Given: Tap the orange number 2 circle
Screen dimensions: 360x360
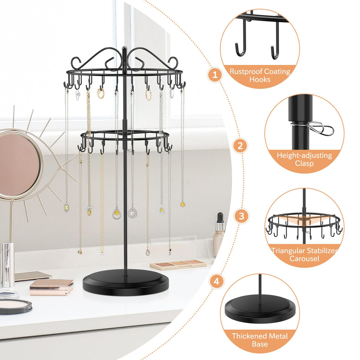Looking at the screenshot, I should click(240, 146).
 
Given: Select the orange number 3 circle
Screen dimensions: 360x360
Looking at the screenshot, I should click(241, 216).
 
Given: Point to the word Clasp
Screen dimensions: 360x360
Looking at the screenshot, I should click(304, 163).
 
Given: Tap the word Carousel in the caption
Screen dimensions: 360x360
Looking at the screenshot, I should click(304, 259).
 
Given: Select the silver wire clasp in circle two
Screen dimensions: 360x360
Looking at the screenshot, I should click(321, 129).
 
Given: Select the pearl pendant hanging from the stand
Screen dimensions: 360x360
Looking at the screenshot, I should click(132, 213).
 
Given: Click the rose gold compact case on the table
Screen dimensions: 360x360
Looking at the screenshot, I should click(51, 287).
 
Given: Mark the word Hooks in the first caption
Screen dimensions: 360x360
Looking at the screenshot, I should click(260, 79).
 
